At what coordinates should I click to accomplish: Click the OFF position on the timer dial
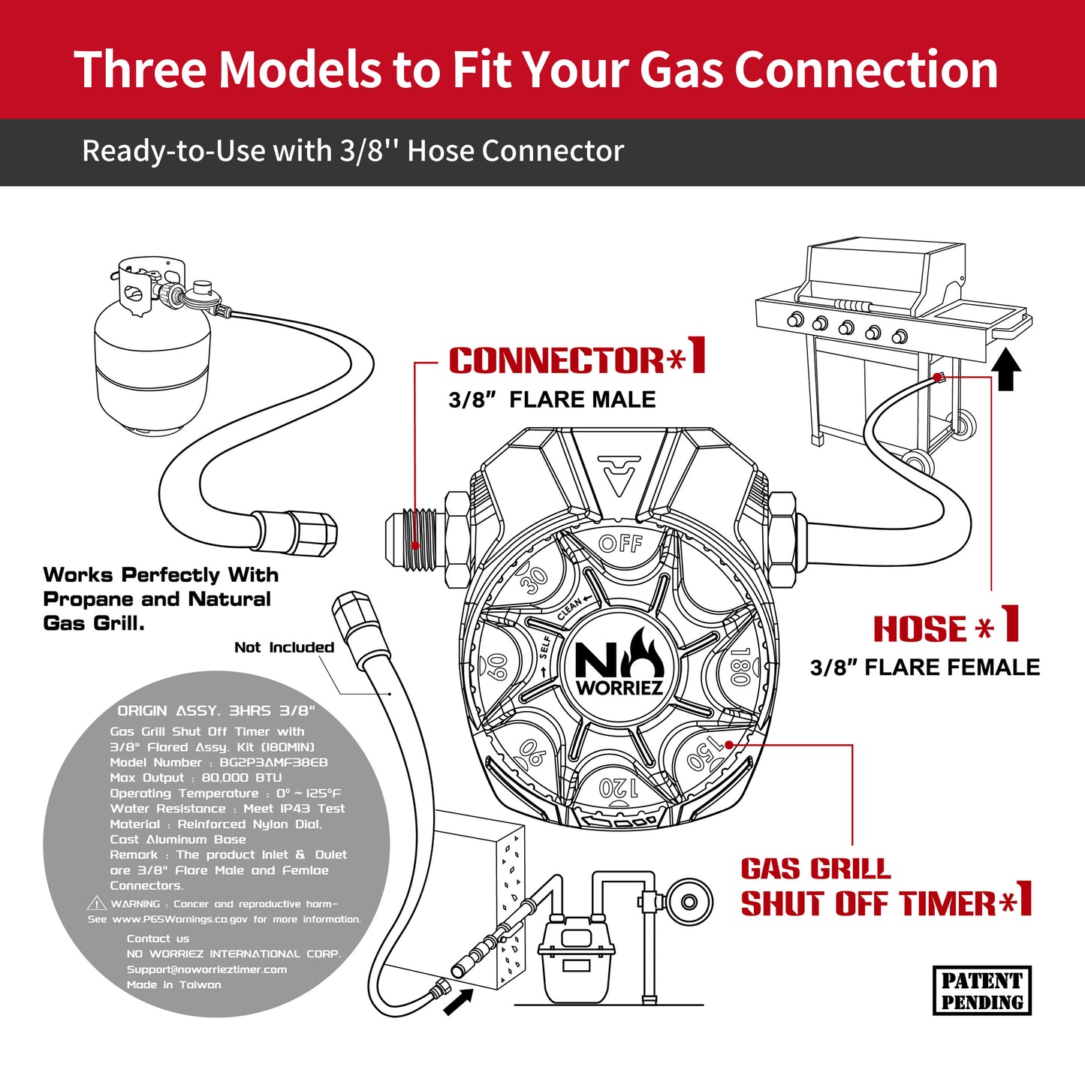[x=620, y=543]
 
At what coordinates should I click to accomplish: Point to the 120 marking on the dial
[x=619, y=788]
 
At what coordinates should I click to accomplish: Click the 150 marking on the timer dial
[x=706, y=753]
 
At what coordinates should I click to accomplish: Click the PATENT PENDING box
[x=981, y=991]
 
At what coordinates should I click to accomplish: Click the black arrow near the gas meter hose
[x=458, y=1002]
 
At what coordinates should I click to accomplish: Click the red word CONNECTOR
[x=556, y=360]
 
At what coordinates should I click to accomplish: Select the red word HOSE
[x=920, y=629]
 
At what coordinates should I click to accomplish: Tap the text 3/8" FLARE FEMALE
[x=924, y=668]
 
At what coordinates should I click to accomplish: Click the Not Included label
[x=284, y=647]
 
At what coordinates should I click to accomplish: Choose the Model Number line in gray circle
[x=219, y=762]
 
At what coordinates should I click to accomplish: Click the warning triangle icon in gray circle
[x=96, y=903]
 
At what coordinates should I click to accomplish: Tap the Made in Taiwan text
[x=173, y=984]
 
